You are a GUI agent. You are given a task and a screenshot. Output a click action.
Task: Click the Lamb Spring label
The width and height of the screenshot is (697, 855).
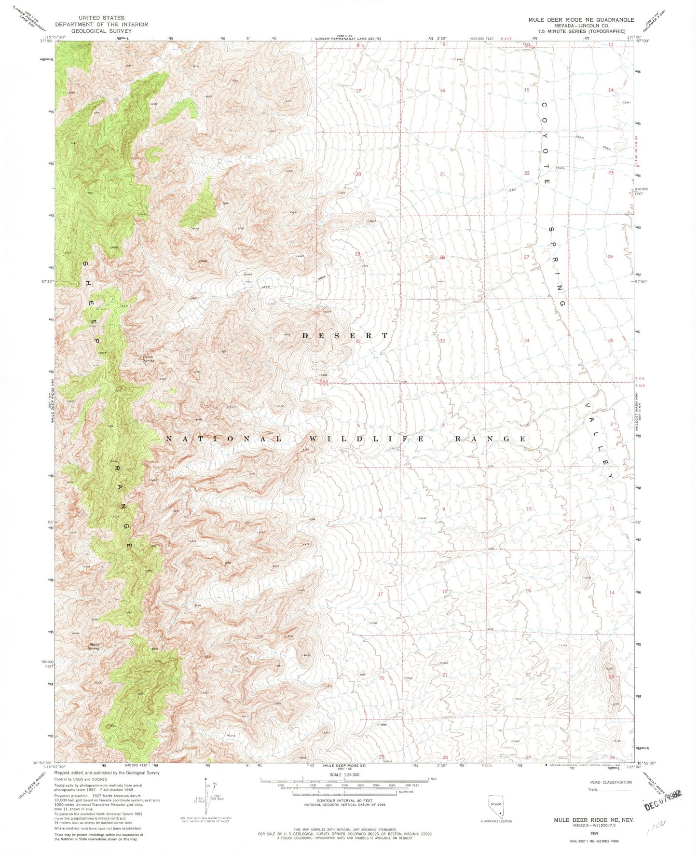click(148, 359)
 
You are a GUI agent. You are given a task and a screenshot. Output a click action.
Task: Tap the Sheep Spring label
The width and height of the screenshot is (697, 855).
click(94, 647)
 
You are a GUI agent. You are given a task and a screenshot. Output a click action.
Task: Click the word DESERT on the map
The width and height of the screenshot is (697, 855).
click(344, 335)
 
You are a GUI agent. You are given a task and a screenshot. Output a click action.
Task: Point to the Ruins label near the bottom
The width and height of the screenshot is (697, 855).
click(231, 735)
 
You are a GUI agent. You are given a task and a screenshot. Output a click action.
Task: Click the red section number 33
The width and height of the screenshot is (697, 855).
click(442, 341)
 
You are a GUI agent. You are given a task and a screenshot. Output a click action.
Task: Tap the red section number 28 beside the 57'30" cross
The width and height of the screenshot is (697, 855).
click(442, 258)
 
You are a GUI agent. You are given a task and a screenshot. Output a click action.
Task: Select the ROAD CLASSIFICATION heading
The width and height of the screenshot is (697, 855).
click(611, 782)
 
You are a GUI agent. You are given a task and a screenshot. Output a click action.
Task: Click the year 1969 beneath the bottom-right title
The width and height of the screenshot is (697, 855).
click(593, 833)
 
